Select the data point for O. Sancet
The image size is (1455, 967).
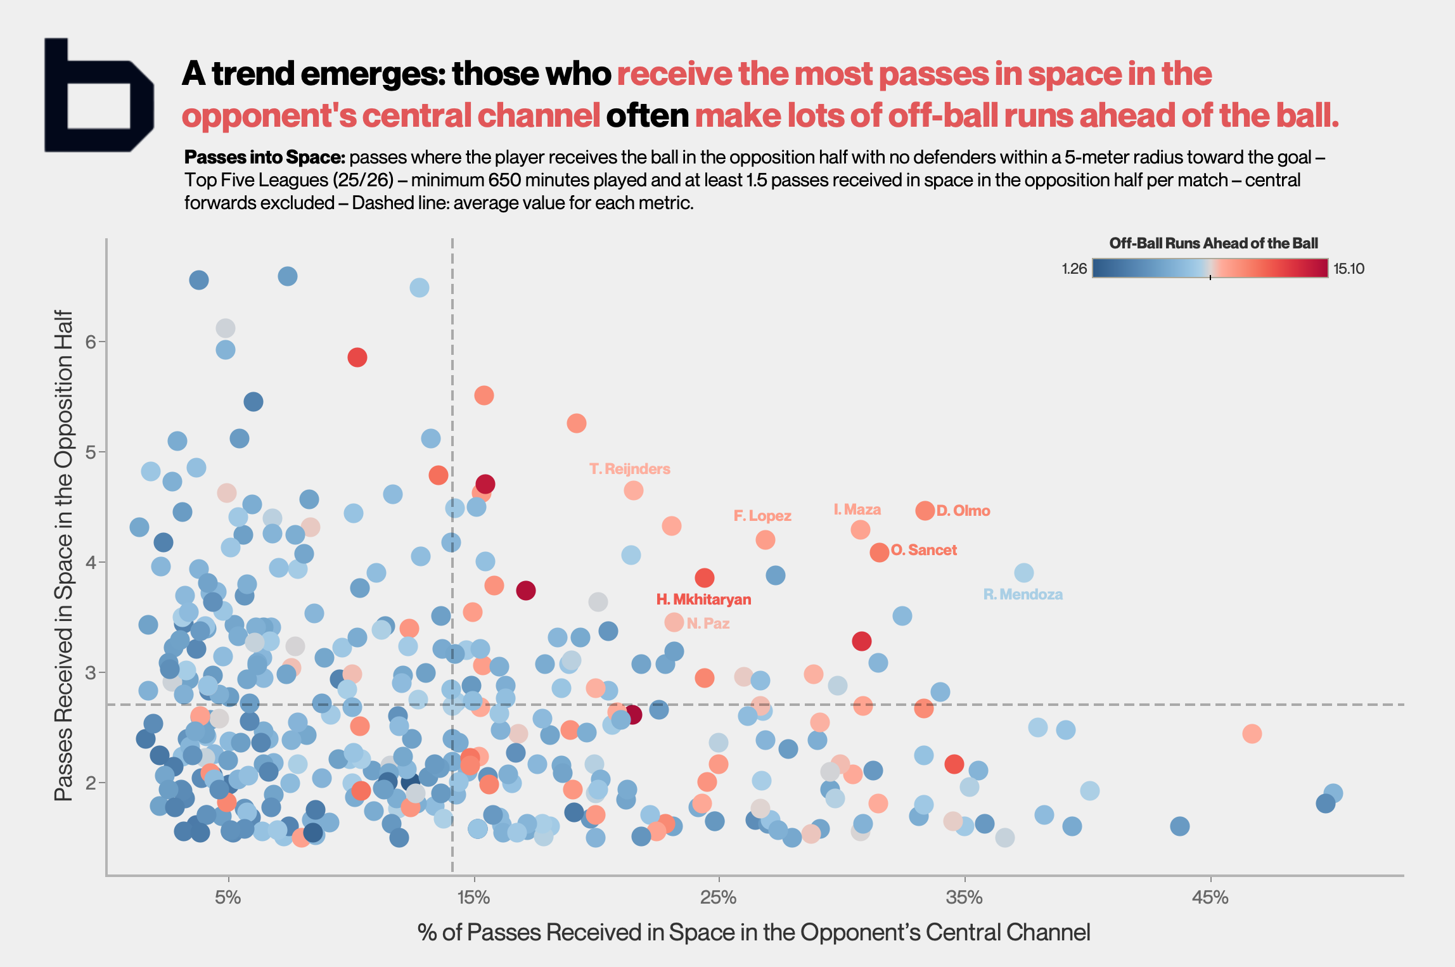pyautogui.click(x=879, y=553)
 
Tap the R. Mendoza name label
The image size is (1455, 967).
pyautogui.click(x=1022, y=594)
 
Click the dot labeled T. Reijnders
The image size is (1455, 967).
pyautogui.click(x=633, y=490)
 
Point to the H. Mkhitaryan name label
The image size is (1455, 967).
pyautogui.click(x=703, y=599)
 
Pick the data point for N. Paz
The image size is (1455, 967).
pyautogui.click(x=674, y=622)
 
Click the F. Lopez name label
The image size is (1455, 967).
pyautogui.click(x=762, y=516)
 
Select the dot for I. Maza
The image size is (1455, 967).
pyautogui.click(x=860, y=530)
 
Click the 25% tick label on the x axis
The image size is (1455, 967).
pyautogui.click(x=719, y=897)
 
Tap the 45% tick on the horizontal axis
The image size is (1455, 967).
pyautogui.click(x=1210, y=897)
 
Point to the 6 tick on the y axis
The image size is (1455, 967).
pyautogui.click(x=91, y=342)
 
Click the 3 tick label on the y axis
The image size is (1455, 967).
pyautogui.click(x=91, y=672)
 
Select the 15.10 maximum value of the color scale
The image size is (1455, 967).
pyautogui.click(x=1349, y=269)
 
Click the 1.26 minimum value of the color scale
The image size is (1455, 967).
pyautogui.click(x=1074, y=269)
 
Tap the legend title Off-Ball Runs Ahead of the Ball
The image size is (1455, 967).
pyautogui.click(x=1213, y=243)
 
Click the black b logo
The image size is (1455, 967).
pyautogui.click(x=98, y=96)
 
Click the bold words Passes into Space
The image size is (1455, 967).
pyautogui.click(x=264, y=157)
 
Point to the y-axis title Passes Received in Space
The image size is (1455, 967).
pyautogui.click(x=64, y=555)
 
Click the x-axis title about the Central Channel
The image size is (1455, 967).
pyautogui.click(x=753, y=932)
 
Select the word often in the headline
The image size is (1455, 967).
pyautogui.click(x=647, y=116)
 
